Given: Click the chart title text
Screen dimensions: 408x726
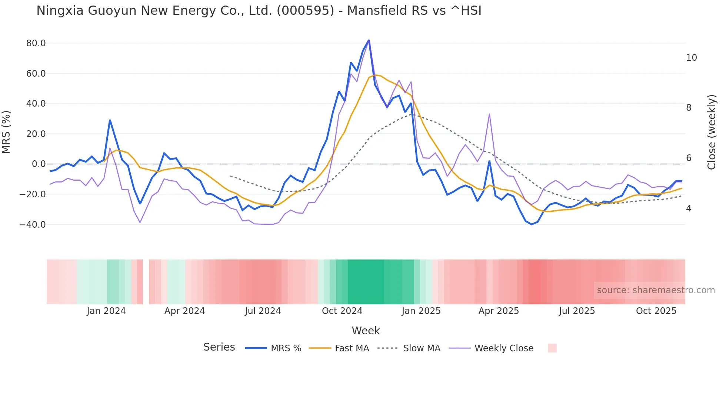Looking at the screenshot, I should point(259,11).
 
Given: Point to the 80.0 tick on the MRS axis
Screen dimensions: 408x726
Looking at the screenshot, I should point(36,43).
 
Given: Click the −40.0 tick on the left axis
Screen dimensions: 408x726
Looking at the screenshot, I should point(33,224).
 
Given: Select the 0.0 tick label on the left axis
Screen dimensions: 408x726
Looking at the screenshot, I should point(39,164).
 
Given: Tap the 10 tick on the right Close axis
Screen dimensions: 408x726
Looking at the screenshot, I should point(691,58).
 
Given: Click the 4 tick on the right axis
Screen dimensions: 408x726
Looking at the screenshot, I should point(689,208).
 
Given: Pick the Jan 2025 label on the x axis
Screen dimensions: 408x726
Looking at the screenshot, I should point(421,311).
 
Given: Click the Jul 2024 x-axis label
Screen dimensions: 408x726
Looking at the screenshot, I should point(263,311).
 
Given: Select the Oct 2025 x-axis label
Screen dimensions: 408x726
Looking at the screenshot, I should point(656,311).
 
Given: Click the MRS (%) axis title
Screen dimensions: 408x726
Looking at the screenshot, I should point(6,132).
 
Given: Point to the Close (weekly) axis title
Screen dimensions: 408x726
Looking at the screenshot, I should point(712,132).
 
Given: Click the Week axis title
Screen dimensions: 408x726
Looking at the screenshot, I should point(366,331).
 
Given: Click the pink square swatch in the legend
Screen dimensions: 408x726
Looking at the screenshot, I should point(552,348).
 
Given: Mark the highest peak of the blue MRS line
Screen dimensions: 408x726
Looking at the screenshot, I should point(369,40).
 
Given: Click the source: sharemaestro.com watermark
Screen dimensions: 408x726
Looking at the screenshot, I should point(656,290).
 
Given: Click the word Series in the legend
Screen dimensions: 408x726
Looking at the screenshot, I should point(219,347).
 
